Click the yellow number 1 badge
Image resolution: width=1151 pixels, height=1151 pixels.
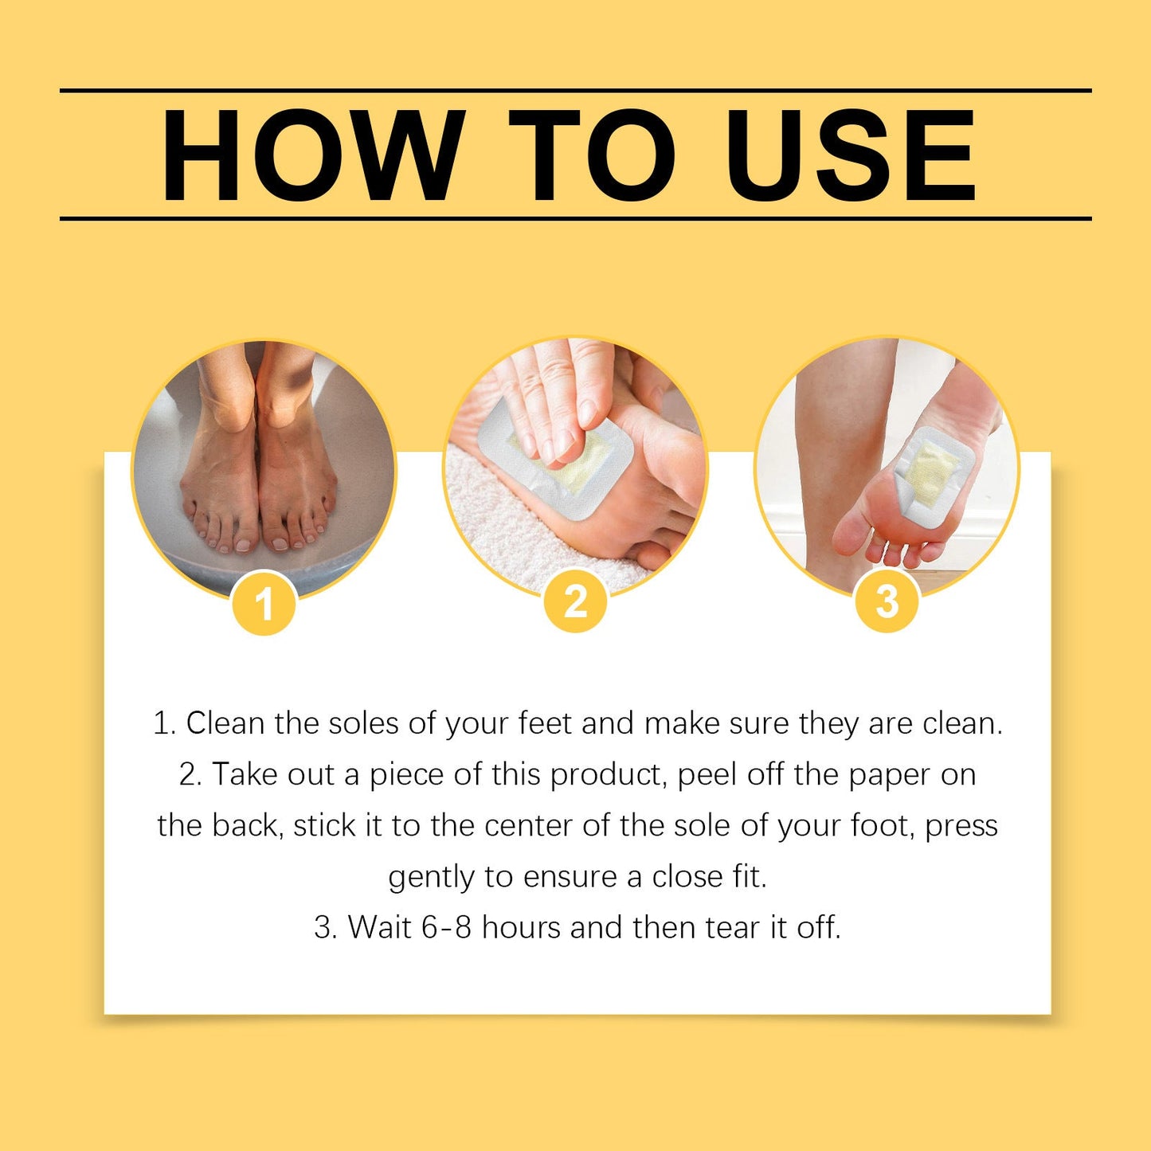point(264,604)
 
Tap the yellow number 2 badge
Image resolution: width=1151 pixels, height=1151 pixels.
point(575,602)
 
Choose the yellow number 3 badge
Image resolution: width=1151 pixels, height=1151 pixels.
point(887,602)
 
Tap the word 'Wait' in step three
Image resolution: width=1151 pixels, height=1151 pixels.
point(380,928)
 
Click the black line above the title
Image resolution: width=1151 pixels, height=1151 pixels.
point(575,91)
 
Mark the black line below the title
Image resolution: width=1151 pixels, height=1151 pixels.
point(575,217)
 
